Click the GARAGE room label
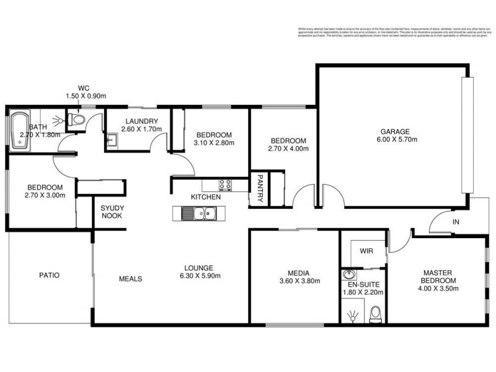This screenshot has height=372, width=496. point(394,131)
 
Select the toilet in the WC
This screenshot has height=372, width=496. point(76,120)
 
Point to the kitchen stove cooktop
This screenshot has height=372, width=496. point(224,184)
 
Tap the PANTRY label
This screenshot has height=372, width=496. point(260,188)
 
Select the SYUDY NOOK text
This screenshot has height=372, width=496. point(111,211)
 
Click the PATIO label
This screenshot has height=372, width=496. point(49,275)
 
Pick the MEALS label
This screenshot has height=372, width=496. point(130,279)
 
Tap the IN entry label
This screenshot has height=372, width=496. point(456,221)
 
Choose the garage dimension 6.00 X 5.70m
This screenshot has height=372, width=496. point(394,139)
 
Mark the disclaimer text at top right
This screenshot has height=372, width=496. point(390,32)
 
